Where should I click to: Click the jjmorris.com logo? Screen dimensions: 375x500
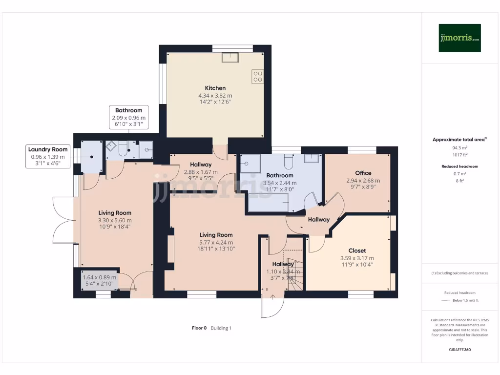coord(459,38)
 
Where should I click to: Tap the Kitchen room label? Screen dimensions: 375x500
coord(215,88)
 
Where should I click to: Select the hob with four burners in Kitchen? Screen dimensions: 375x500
coord(257,76)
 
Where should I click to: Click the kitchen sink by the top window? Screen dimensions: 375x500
coord(229,58)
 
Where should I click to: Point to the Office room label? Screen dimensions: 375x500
coord(363,173)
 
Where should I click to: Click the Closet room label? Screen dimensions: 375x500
coord(357,250)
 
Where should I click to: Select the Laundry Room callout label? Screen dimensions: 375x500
coord(48,149)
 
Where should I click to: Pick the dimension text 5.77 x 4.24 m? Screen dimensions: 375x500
coord(215,242)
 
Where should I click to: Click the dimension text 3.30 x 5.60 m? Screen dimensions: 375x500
coord(115,220)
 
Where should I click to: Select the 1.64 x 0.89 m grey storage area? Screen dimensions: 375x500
coord(100,280)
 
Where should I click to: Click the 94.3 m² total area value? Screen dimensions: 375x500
coord(459,147)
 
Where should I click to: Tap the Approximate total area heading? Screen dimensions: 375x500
coord(459,140)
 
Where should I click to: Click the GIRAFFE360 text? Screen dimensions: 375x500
coord(459,350)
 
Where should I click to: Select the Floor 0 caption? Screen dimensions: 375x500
coord(199,328)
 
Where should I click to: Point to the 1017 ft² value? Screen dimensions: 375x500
coord(459,154)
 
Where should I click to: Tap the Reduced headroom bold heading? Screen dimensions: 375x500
coord(459,167)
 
